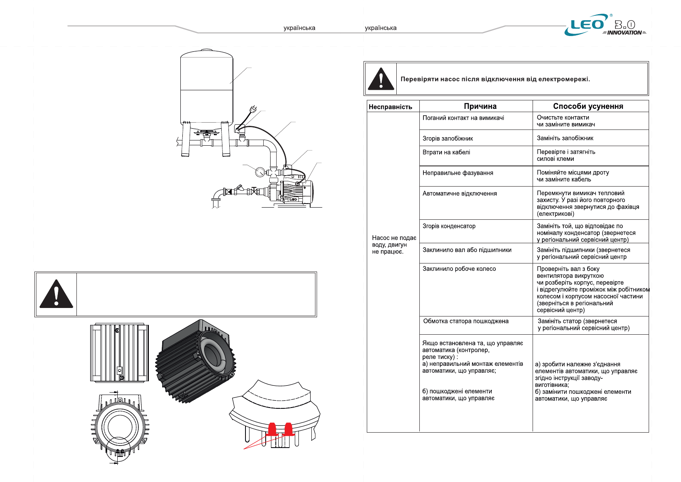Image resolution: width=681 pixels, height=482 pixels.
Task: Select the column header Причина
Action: (x=480, y=106)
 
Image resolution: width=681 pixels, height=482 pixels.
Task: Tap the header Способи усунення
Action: (x=588, y=106)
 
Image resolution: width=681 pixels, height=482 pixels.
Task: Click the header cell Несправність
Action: (x=390, y=107)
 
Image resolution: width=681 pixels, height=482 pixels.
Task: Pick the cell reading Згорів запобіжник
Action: (x=448, y=138)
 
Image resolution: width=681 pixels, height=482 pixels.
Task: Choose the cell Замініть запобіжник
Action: (x=565, y=138)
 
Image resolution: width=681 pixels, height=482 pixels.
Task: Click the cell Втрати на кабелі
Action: (x=446, y=152)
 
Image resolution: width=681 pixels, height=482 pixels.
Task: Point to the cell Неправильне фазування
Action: (x=458, y=173)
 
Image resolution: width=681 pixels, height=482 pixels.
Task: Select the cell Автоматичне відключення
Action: (x=459, y=193)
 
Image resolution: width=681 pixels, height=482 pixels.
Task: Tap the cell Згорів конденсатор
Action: (x=449, y=226)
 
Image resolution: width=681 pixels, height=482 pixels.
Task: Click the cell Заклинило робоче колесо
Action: (x=459, y=269)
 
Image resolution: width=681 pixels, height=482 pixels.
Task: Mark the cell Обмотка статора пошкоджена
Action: (x=466, y=321)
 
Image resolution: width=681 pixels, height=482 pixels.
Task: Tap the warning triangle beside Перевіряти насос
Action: (x=381, y=79)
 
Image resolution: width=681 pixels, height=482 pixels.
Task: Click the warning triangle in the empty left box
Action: (x=56, y=294)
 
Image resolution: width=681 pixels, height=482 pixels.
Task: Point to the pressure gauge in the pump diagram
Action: (x=260, y=172)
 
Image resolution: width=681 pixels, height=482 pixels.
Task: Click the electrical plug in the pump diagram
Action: (x=254, y=108)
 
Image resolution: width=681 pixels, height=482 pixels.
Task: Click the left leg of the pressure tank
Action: (x=186, y=140)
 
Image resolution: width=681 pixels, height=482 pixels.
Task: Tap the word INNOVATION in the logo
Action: (x=624, y=33)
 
